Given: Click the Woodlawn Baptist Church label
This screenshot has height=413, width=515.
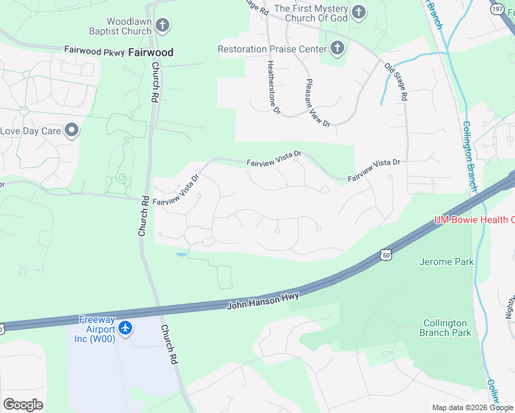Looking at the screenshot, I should tap(120, 26).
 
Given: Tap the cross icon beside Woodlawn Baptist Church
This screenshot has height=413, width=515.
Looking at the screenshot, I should tap(162, 26).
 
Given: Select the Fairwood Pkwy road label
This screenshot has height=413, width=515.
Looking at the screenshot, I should tap(94, 51).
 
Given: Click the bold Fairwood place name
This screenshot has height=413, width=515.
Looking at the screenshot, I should tap(151, 52).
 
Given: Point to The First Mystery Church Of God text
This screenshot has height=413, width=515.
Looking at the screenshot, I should tap(311, 12).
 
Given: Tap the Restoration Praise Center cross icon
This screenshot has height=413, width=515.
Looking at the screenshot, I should tap(337, 49).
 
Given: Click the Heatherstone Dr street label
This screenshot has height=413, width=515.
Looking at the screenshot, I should tap(273, 86).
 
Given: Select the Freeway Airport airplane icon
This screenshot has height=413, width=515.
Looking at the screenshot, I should tap(125, 328).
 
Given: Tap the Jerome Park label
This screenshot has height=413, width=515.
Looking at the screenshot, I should tap(446, 262).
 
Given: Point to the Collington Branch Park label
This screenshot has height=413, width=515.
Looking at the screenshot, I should tap(445, 328).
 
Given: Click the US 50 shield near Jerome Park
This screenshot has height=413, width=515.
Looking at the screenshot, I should tap(386, 255).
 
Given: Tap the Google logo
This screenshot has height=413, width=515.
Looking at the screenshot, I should tap(23, 405).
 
